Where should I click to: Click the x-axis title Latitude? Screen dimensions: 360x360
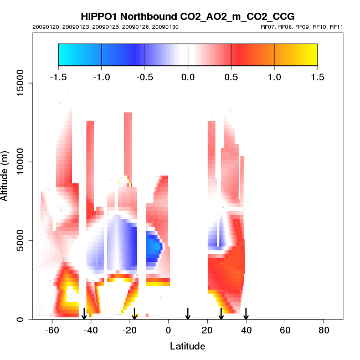(187, 346)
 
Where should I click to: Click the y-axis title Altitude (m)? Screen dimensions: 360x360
(7, 175)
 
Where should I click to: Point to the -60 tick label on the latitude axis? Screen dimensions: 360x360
(52, 330)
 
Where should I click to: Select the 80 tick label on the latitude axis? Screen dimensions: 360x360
(323, 330)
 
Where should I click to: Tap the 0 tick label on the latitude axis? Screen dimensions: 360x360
(168, 330)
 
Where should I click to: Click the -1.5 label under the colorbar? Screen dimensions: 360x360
(58, 76)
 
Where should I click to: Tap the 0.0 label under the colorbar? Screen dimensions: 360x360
(188, 76)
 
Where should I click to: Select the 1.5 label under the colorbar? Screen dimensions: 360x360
(317, 76)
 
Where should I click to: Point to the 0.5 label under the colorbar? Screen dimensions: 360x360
(231, 76)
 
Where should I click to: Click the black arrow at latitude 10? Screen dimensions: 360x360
(188, 313)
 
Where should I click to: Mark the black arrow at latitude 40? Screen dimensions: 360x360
(246, 313)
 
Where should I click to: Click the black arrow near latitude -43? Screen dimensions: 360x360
(84, 313)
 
